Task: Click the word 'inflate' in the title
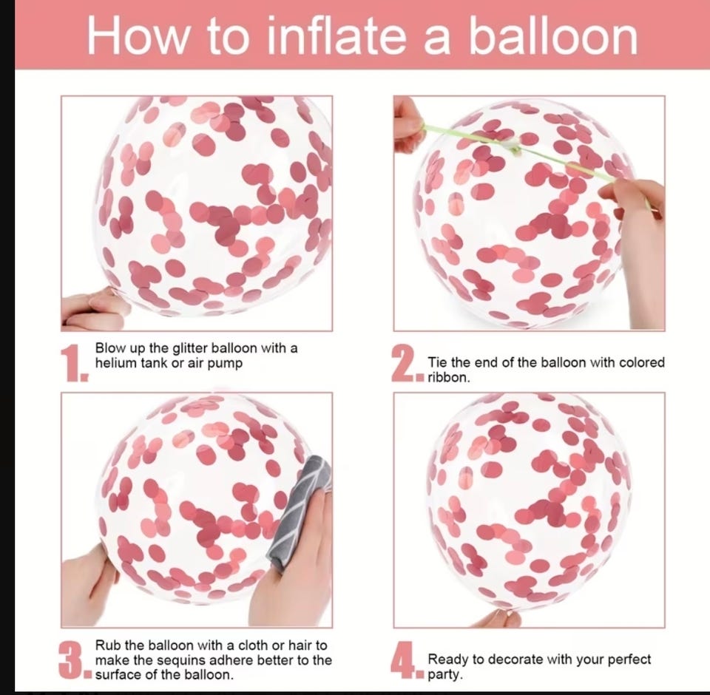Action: (336, 35)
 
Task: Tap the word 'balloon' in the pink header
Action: (553, 35)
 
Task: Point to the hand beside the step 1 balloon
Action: (93, 308)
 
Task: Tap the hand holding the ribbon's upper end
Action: (410, 125)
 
